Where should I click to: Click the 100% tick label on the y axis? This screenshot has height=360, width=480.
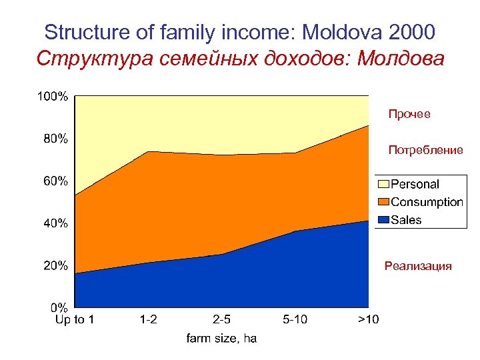(x=51, y=97)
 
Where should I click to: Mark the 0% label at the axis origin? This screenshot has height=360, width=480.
(x=58, y=307)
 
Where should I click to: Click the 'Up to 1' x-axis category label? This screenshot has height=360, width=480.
(x=74, y=320)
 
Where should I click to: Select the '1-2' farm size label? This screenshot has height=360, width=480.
(x=149, y=320)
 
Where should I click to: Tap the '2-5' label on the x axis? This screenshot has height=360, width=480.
(x=222, y=320)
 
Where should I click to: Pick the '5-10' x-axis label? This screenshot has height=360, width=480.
(x=295, y=320)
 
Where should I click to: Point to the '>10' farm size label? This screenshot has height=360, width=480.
(x=368, y=320)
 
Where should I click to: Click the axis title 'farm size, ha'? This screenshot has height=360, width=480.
(x=221, y=339)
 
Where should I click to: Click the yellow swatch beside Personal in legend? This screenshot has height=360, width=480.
(x=383, y=184)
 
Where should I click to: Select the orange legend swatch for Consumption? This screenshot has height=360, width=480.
(x=383, y=202)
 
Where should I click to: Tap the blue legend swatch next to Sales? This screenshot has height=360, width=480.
(x=383, y=220)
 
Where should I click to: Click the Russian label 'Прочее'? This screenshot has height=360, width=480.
(x=409, y=115)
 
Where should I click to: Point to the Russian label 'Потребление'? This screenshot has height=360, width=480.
(x=425, y=151)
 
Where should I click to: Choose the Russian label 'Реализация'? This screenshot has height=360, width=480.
(x=418, y=267)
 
